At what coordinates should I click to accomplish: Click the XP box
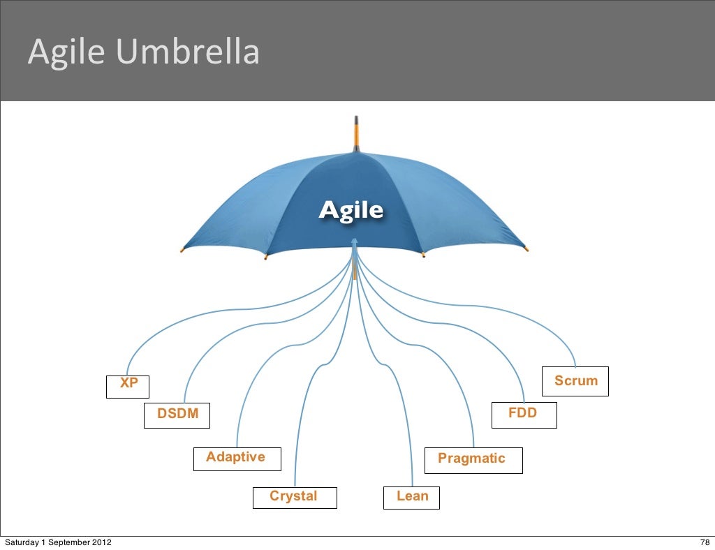click(128, 387)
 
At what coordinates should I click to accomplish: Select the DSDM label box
click(177, 415)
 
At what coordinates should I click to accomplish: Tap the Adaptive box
click(237, 459)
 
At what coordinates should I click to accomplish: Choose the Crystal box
click(294, 497)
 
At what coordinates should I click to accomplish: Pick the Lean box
click(412, 497)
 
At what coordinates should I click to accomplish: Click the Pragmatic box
click(474, 460)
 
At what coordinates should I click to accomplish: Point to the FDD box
click(524, 415)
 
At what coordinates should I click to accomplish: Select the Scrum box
click(576, 381)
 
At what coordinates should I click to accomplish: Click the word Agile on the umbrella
click(351, 209)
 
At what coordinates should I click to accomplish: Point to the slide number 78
click(705, 543)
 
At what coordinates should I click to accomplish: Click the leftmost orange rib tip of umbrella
click(182, 249)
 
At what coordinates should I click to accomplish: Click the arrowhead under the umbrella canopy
click(355, 241)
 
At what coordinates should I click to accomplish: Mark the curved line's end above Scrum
click(575, 366)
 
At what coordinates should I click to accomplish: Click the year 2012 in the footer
click(98, 543)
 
